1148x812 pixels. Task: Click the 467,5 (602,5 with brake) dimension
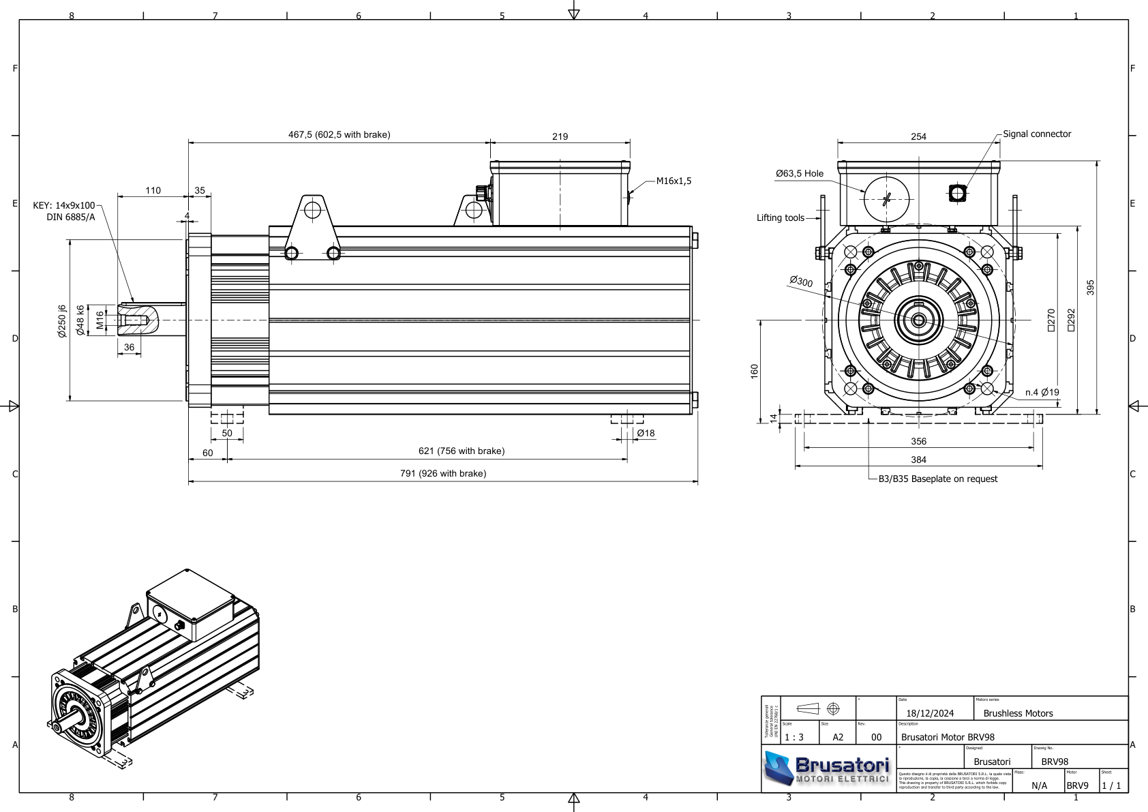[339, 135]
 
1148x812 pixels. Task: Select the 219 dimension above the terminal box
[560, 136]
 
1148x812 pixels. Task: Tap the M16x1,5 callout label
[674, 181]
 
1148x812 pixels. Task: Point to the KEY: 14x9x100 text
[64, 205]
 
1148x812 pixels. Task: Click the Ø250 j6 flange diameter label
[62, 321]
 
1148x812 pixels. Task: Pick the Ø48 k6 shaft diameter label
[80, 320]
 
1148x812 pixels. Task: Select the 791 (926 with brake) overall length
[442, 474]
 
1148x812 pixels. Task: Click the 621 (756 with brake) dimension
[461, 451]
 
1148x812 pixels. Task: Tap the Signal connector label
[1036, 134]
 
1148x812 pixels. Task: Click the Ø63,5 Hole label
[799, 174]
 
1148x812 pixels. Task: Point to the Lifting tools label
[780, 218]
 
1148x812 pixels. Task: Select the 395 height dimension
[1090, 287]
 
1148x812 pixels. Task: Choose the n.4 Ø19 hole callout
[1042, 393]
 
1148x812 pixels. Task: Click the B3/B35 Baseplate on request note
[937, 479]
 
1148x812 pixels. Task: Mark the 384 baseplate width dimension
[918, 460]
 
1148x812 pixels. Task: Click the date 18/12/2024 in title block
[930, 714]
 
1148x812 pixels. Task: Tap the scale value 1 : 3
[794, 737]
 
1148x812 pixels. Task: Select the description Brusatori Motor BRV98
[948, 737]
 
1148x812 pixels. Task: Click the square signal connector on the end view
[957, 194]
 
